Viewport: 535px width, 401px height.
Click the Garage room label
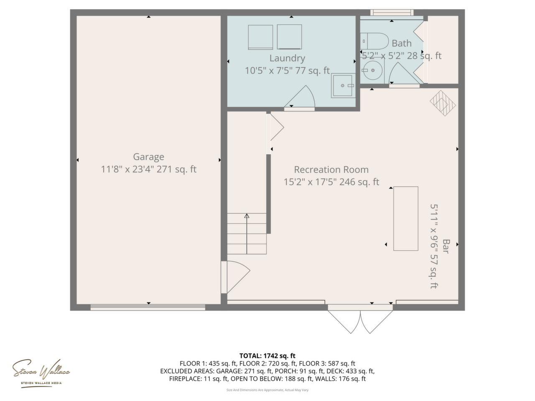click(148, 157)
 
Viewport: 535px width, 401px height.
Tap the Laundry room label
click(287, 58)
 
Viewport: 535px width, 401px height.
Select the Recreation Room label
click(331, 170)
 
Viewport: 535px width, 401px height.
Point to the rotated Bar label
click(446, 246)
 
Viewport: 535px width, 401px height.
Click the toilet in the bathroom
click(374, 41)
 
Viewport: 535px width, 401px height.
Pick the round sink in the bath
click(372, 70)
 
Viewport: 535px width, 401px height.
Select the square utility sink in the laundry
click(343, 86)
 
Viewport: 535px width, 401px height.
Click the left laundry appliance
click(260, 37)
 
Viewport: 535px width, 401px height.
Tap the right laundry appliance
click(289, 37)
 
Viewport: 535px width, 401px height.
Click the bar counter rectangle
click(406, 218)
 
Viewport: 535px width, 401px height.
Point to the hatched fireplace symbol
click(443, 103)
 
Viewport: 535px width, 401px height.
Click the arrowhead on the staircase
click(247, 216)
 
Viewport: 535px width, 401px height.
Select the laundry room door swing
click(300, 97)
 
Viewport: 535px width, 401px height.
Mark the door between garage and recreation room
click(235, 277)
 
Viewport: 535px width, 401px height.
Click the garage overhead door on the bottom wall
click(148, 307)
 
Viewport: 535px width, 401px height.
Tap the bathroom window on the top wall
click(392, 13)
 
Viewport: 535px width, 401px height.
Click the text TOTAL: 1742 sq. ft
click(267, 356)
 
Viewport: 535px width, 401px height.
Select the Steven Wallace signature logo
click(41, 373)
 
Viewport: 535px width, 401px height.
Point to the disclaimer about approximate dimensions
click(267, 390)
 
